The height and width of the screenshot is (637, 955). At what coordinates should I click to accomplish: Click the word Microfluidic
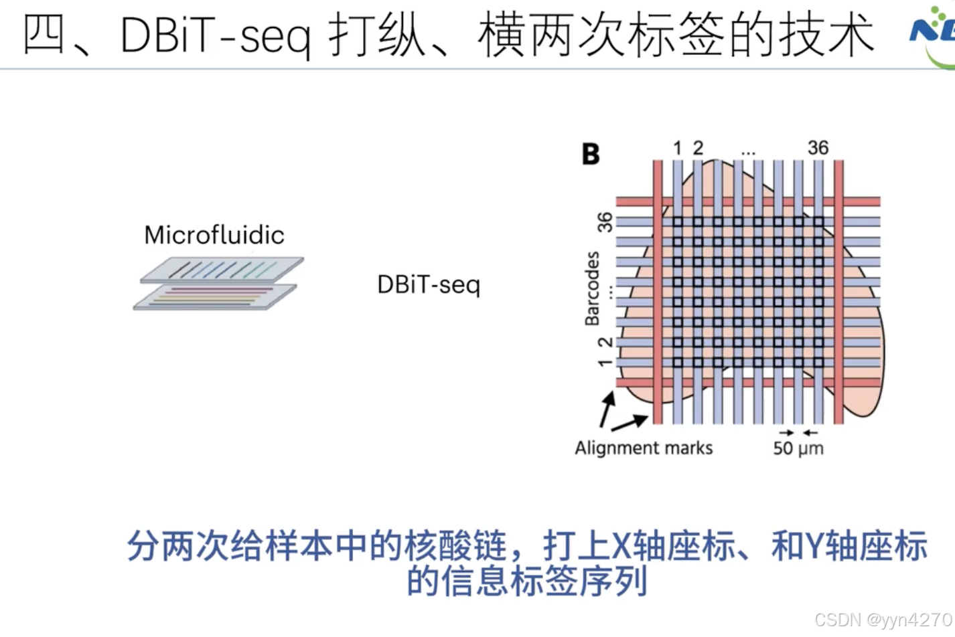coord(214,236)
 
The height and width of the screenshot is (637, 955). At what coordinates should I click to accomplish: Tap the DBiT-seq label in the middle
coord(429,285)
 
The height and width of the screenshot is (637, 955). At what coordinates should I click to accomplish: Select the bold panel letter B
coord(591,155)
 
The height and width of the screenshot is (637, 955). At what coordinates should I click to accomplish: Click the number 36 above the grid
coord(818,148)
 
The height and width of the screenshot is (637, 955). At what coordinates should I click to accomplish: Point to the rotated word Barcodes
coord(592,288)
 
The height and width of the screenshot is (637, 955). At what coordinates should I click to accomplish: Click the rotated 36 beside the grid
coord(605,222)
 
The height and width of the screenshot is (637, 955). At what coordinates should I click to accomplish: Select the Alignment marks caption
coord(644,448)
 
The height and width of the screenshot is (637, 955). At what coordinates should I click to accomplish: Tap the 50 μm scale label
coord(798,448)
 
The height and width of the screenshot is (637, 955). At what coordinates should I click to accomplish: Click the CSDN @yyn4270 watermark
coord(883,620)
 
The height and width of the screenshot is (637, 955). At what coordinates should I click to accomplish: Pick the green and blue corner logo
coord(934,33)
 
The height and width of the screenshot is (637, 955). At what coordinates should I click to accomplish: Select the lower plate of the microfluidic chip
coord(214,297)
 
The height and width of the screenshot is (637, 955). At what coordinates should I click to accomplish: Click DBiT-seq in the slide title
coord(215,35)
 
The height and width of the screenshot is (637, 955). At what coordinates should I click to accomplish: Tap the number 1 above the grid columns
coord(678,148)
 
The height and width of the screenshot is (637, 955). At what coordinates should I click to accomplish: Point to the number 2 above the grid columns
coord(698,148)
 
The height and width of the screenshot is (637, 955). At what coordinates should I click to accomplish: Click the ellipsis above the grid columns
coord(748,153)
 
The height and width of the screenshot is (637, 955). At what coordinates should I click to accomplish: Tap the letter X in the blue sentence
coord(621,546)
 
